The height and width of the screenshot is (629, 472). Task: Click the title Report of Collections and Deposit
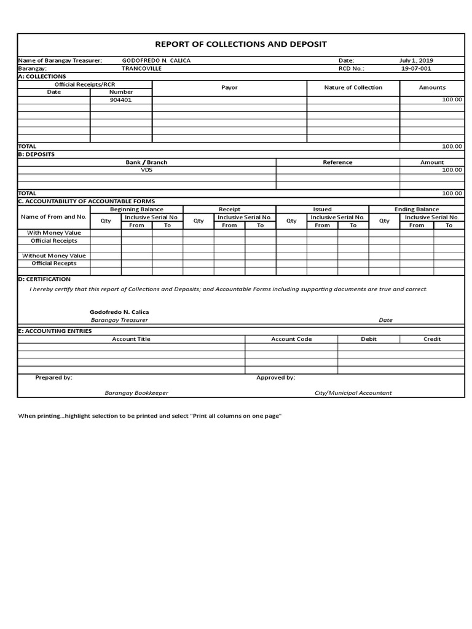[x=241, y=44]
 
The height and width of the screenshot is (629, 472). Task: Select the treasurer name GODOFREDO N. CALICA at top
[x=156, y=61]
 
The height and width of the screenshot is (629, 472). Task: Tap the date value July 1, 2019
[x=416, y=61]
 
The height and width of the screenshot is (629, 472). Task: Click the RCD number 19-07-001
[x=416, y=69]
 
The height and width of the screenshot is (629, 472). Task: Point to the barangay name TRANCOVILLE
[x=141, y=69]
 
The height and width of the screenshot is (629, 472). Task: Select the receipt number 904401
[x=121, y=100]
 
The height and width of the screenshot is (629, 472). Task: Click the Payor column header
[x=229, y=88]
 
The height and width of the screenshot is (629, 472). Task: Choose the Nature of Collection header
[x=353, y=88]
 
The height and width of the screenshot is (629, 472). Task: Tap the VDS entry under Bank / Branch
[x=146, y=170]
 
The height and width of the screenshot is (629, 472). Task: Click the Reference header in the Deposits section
[x=337, y=162]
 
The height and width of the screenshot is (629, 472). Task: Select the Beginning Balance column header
[x=136, y=209]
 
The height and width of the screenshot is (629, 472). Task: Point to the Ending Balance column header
[x=416, y=209]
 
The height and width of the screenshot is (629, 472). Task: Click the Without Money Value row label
[x=54, y=256]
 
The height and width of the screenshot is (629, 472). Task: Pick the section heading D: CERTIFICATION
[x=44, y=279]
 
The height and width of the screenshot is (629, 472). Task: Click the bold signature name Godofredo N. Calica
[x=119, y=312]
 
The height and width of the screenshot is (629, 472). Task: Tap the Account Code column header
[x=291, y=339]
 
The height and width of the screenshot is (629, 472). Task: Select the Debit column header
[x=369, y=339]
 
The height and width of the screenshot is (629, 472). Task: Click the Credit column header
[x=432, y=339]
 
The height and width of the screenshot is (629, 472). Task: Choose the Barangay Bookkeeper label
[x=136, y=393]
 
